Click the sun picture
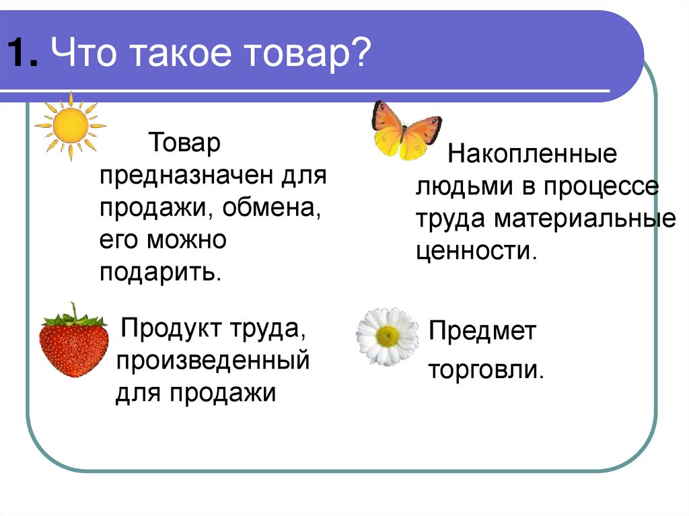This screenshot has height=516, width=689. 71,126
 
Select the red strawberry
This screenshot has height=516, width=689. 74,342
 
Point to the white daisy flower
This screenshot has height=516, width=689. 388,336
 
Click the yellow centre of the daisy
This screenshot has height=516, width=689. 387,336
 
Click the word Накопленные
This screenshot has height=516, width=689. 532,154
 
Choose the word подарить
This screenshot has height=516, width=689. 160,273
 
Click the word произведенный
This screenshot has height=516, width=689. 213,361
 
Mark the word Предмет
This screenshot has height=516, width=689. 482,331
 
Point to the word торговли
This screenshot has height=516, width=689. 486,369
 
